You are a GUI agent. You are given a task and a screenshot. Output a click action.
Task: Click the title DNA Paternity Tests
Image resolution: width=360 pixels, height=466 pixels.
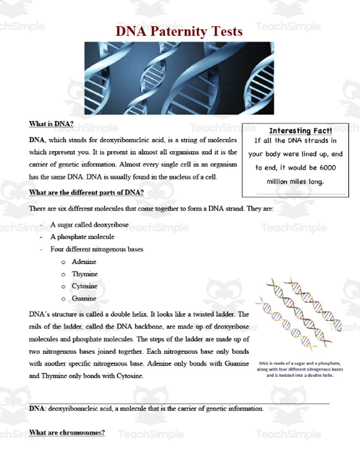[x=179, y=31]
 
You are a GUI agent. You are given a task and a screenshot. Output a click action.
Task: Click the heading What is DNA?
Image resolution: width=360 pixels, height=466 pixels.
[x=51, y=124]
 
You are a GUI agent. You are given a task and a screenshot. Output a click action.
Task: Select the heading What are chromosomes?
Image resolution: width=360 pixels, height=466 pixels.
[x=67, y=433]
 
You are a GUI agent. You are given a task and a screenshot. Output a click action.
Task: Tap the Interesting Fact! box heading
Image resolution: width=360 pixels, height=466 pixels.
[x=300, y=131]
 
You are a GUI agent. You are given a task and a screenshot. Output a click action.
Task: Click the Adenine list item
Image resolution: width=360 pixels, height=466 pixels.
[x=84, y=262]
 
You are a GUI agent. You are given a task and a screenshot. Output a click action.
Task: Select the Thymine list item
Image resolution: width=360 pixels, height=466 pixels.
[x=85, y=274]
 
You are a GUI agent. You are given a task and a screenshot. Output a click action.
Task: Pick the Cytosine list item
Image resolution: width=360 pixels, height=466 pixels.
[x=84, y=286]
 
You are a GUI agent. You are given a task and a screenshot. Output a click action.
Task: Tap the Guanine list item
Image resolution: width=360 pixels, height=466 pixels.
[x=84, y=298]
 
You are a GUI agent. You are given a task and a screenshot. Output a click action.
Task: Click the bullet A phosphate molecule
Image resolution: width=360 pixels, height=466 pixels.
[x=82, y=237]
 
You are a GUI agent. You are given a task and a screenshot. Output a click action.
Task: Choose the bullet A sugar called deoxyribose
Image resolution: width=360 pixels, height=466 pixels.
[x=90, y=224]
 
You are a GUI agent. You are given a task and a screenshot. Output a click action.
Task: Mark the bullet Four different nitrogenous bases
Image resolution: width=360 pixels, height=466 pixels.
[x=97, y=249]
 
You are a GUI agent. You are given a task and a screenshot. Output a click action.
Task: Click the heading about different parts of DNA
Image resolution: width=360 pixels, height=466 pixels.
[x=86, y=193]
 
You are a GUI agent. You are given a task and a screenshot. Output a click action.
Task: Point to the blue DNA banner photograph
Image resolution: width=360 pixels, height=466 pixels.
[x=179, y=78]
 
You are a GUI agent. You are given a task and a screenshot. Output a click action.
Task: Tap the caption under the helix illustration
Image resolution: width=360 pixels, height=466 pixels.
[x=299, y=369]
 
